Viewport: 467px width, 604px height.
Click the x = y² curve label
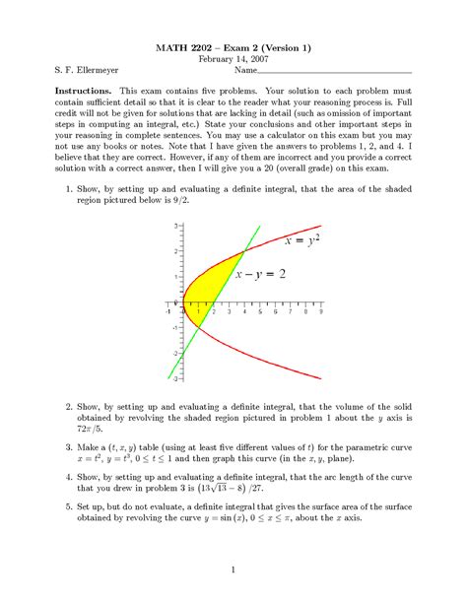301,239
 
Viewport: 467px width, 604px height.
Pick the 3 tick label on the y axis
175,226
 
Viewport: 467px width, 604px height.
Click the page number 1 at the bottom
233,570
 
